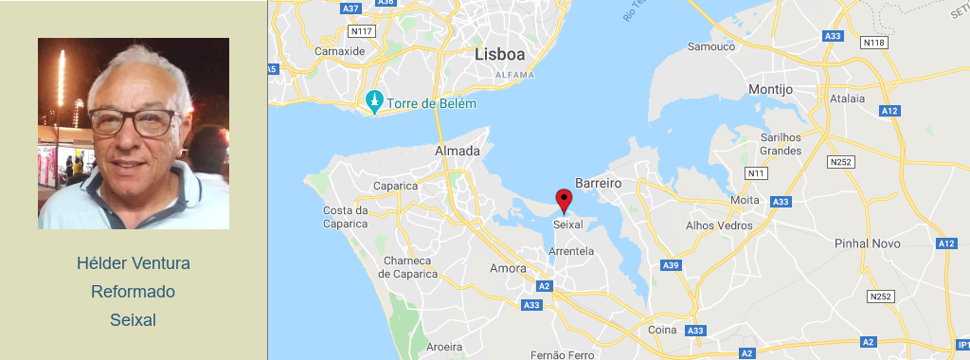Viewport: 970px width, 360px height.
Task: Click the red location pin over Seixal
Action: (564, 200)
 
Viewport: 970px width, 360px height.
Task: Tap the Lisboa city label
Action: (499, 55)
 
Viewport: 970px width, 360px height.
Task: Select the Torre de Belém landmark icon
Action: (375, 102)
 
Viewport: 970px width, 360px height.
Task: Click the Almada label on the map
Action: (457, 152)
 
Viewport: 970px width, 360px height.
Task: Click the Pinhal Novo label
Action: (866, 243)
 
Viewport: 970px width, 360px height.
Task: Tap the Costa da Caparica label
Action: (345, 217)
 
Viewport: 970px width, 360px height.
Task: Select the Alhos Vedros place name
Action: (719, 225)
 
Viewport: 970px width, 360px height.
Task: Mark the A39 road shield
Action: (672, 264)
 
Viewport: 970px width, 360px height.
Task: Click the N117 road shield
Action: (361, 31)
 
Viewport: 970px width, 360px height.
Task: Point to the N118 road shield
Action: (874, 43)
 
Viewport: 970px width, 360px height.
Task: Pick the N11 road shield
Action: (756, 173)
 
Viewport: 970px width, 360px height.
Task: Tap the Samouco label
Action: (710, 45)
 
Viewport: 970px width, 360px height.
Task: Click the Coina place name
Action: (663, 330)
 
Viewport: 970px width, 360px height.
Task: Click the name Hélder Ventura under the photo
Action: (133, 262)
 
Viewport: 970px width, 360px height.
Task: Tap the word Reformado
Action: (133, 292)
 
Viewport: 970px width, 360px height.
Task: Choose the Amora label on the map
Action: (508, 268)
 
